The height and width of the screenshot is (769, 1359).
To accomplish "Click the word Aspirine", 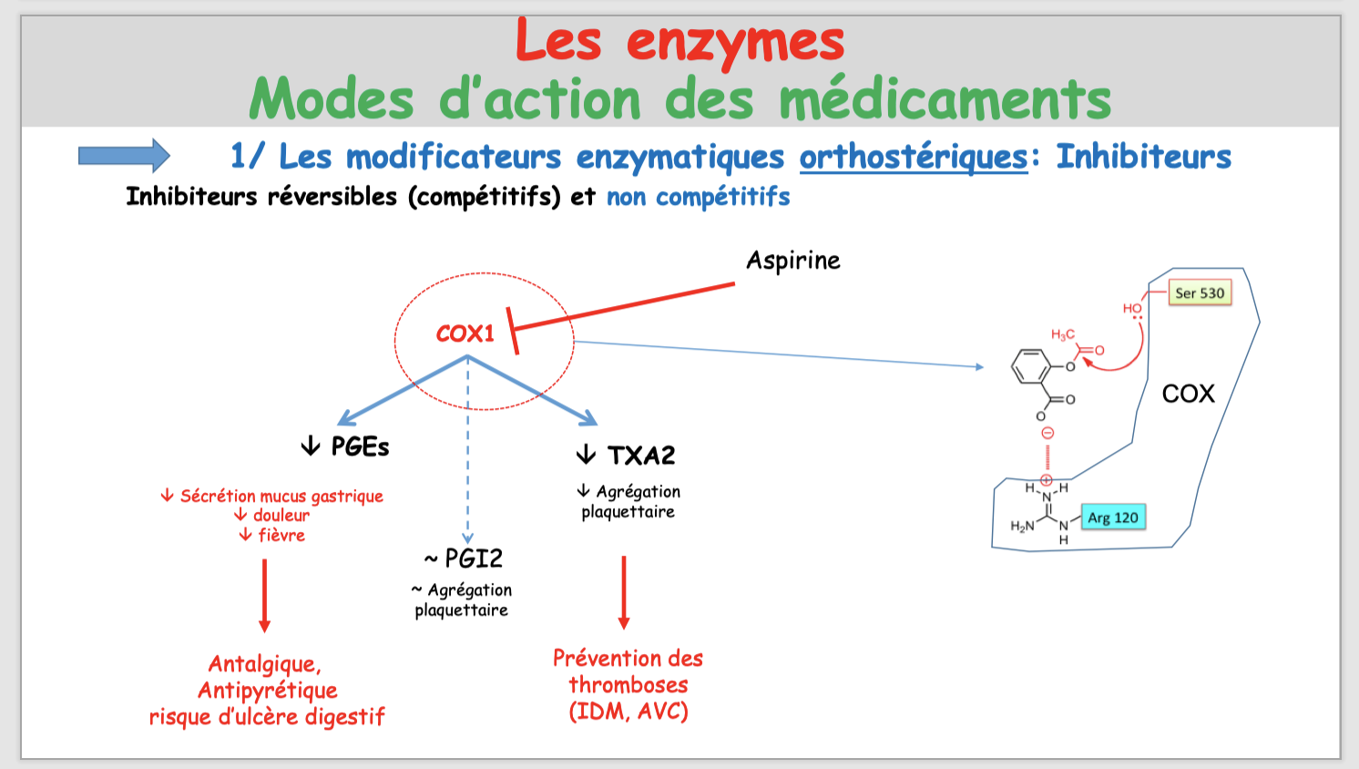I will click(x=792, y=261).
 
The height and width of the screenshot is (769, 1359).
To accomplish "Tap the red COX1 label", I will click(x=465, y=333).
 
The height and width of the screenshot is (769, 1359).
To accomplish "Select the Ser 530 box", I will click(x=1200, y=293).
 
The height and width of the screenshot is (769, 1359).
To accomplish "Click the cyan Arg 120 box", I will click(x=1112, y=518).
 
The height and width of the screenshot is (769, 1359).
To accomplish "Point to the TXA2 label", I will click(x=641, y=455).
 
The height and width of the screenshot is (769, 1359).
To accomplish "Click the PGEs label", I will click(x=360, y=446).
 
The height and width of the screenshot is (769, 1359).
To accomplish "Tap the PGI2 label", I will click(x=473, y=558).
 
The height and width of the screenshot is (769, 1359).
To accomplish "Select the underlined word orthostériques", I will click(x=914, y=157).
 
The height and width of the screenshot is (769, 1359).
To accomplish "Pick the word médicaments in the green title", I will click(x=945, y=99).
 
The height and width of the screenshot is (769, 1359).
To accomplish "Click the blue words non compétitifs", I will click(x=698, y=197).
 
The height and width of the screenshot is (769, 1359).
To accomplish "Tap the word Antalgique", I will click(x=264, y=663).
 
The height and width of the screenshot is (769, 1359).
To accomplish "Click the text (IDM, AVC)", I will click(x=628, y=711).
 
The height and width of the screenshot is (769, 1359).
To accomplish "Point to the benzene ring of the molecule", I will click(x=1031, y=367).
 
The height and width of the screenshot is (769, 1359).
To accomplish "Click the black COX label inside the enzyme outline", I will click(x=1188, y=394).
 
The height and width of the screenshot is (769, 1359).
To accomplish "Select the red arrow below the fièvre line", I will click(x=264, y=595).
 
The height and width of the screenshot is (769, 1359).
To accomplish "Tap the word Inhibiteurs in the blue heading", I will click(x=1143, y=157).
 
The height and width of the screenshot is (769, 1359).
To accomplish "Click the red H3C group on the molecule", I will click(x=1063, y=335).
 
